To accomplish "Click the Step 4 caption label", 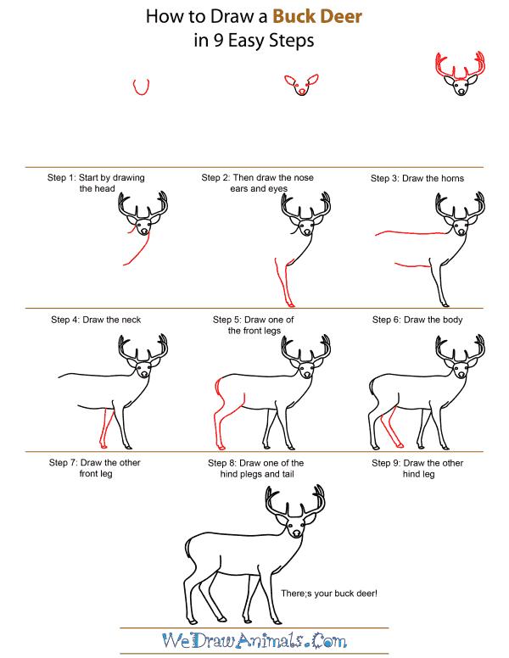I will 96,320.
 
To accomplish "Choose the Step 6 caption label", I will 417,320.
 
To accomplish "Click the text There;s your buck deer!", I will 328,592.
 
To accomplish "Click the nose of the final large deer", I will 295,534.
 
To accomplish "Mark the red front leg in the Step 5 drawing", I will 281,284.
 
